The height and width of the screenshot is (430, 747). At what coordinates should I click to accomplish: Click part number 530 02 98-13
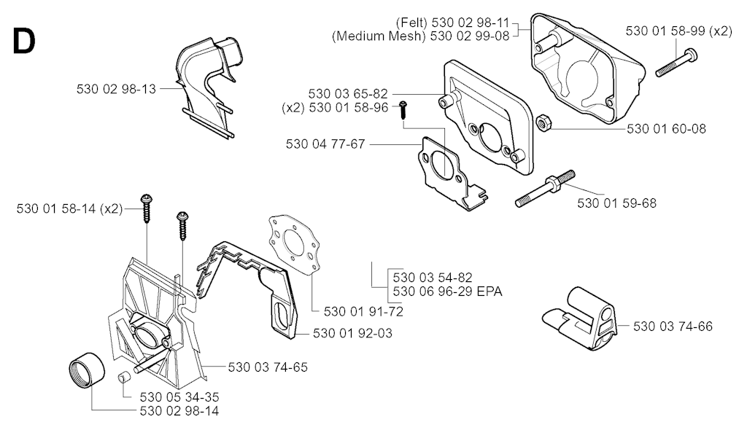tap(116, 88)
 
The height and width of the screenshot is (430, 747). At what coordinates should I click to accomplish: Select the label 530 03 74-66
tap(673, 326)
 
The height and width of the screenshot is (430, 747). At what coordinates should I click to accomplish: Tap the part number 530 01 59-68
tap(616, 203)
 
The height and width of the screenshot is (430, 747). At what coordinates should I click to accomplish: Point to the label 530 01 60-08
tap(666, 129)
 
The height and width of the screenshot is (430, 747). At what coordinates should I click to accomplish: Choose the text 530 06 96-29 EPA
tap(447, 292)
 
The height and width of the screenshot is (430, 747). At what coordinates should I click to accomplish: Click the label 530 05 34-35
tap(179, 397)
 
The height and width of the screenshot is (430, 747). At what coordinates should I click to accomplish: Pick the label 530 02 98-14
tap(179, 411)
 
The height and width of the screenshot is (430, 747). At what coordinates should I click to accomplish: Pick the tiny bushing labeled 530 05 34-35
tap(123, 378)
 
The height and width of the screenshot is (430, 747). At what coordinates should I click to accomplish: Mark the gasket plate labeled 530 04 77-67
tap(445, 171)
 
